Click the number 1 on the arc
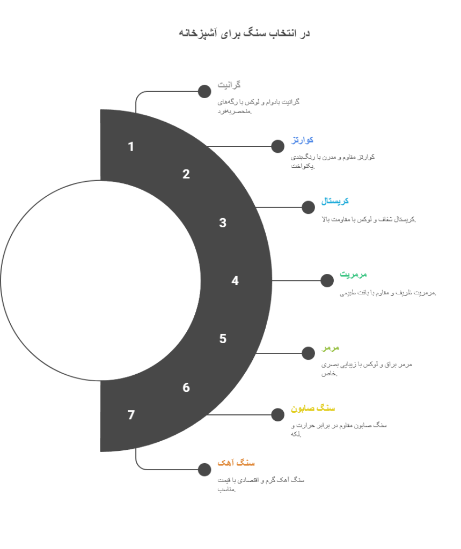[131, 146]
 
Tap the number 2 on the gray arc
[186, 174]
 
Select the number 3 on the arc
[223, 223]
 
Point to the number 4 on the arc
[235, 280]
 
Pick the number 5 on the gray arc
[223, 339]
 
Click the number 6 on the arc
[186, 388]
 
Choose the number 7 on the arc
[131, 415]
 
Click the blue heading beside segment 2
[303, 140]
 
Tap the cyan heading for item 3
[335, 202]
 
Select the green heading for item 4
[353, 274]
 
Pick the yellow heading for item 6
[313, 409]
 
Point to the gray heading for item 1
[229, 85]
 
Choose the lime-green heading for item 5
[331, 347]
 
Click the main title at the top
[244, 33]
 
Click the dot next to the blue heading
[278, 146]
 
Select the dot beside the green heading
[327, 280]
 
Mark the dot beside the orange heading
[204, 470]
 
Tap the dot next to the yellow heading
[278, 415]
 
